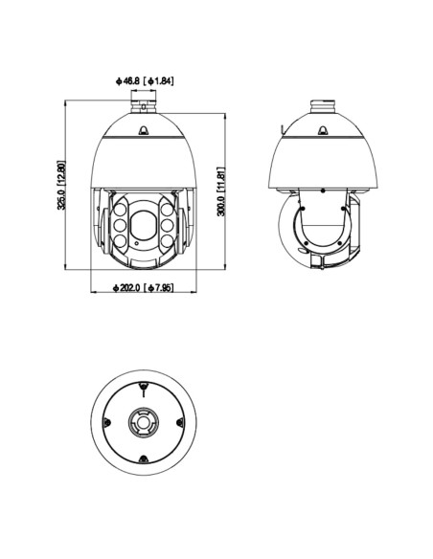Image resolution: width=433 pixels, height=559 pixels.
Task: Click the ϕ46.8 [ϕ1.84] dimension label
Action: coord(145,81)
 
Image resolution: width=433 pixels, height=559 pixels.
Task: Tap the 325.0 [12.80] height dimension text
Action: coord(61,185)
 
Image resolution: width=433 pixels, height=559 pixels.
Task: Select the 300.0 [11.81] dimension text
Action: coord(221,191)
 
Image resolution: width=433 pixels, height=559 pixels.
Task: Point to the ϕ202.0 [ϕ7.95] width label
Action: coord(144,287)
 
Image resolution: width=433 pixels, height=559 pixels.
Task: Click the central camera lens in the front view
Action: coord(144,225)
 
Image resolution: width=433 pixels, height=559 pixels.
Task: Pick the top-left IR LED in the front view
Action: coord(121,210)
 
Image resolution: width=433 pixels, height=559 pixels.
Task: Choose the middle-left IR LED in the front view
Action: coord(120,225)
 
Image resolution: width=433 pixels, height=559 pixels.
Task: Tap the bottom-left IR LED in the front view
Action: coord(121,241)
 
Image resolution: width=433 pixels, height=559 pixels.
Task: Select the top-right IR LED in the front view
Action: coord(167,210)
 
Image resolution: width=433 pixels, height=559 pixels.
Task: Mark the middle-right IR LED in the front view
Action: coord(168,225)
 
